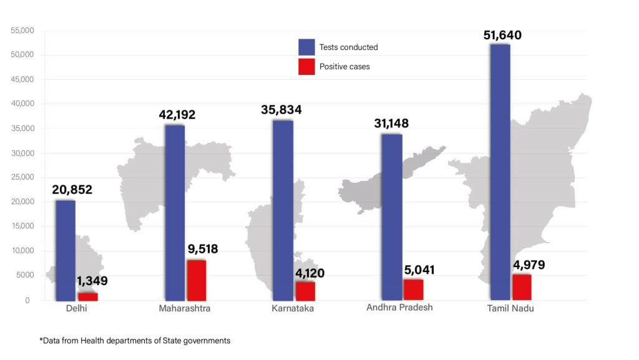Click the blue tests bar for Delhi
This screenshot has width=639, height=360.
click(66, 250)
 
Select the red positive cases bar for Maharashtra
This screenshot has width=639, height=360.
click(197, 280)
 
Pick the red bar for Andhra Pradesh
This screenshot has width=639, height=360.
click(413, 289)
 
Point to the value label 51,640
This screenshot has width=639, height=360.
click(502, 35)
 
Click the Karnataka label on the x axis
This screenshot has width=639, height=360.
click(293, 309)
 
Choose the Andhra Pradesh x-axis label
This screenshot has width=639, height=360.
click(399, 308)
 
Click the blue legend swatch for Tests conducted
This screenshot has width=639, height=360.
click(306, 47)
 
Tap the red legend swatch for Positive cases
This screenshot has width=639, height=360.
click(306, 66)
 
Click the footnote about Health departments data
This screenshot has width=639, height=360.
click(135, 341)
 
